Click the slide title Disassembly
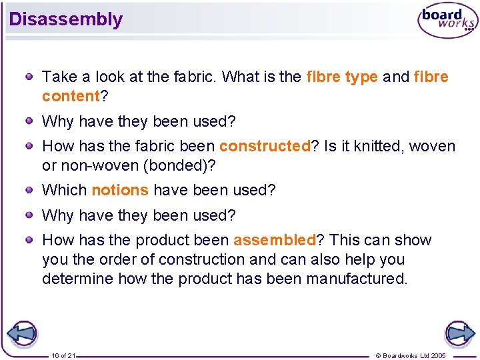click(x=66, y=19)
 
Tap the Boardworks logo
click(x=447, y=21)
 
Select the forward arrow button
click(x=459, y=333)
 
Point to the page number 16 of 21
click(x=63, y=356)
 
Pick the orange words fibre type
click(x=342, y=77)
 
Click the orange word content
click(x=71, y=96)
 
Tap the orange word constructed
click(x=265, y=146)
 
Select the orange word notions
click(x=120, y=190)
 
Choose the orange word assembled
click(x=274, y=240)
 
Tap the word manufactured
click(x=356, y=279)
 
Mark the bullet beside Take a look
click(x=30, y=77)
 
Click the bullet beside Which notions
click(x=30, y=190)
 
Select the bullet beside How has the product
click(x=30, y=240)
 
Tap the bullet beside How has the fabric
click(x=30, y=146)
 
